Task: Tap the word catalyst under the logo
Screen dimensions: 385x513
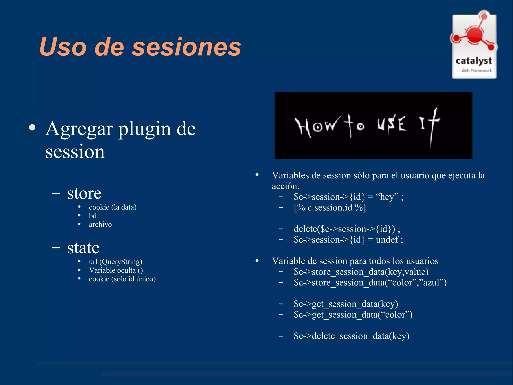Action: click(474, 61)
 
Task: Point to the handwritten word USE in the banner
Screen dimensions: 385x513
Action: click(392, 124)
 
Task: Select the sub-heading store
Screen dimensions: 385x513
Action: click(84, 194)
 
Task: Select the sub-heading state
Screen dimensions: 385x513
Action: click(83, 248)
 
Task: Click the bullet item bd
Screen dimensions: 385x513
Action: click(93, 216)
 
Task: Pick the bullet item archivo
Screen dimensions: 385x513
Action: click(100, 224)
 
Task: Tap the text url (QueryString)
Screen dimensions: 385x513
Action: click(115, 262)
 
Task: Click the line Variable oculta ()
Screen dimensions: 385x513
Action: click(116, 270)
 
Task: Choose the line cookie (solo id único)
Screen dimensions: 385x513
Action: click(122, 279)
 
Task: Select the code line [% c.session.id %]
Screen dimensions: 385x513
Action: click(330, 208)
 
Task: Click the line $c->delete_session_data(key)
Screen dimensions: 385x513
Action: click(351, 336)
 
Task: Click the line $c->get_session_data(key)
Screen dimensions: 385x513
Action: click(346, 304)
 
